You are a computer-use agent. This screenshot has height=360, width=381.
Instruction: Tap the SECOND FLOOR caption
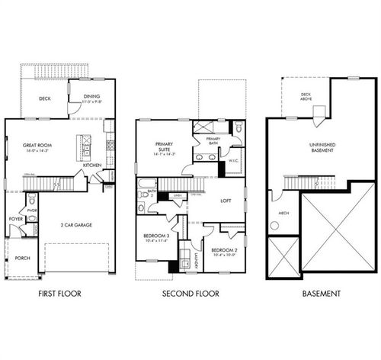pos(190,293)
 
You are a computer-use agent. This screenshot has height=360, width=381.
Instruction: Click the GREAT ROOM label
pos(29,146)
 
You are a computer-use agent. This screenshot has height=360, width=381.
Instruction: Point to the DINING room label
pos(91,96)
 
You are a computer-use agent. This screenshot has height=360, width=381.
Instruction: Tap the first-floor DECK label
pos(43,98)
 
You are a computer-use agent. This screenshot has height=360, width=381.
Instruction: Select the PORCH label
pos(23,258)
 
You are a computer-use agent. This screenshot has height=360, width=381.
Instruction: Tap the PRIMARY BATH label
pos(213,140)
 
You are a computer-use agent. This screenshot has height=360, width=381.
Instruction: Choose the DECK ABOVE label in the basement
pos(296,96)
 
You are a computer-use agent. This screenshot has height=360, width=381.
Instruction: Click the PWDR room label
pos(32,210)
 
